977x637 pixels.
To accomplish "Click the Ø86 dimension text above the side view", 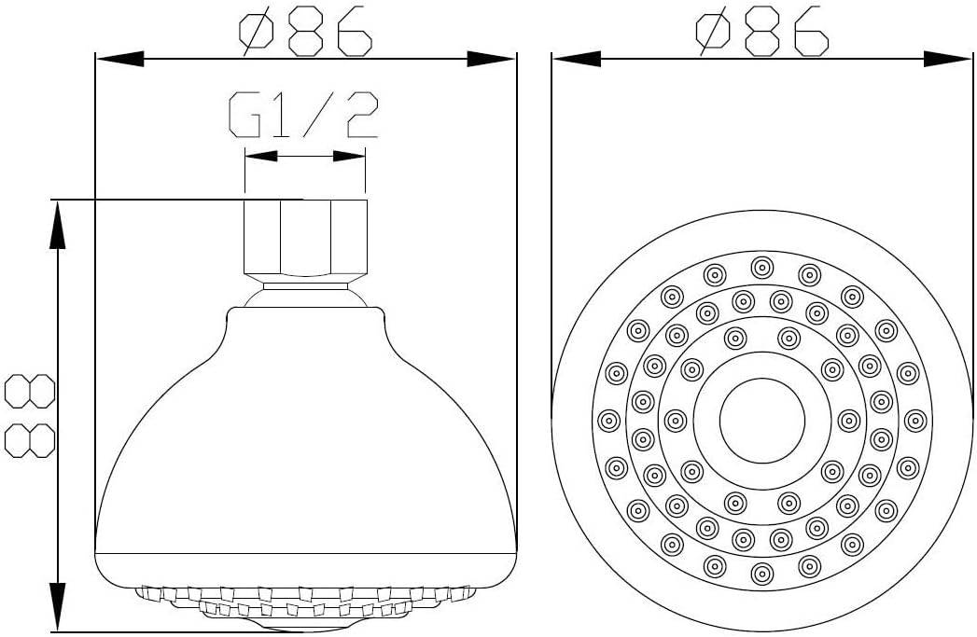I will click(x=306, y=32).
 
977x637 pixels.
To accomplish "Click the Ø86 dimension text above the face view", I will click(x=762, y=32).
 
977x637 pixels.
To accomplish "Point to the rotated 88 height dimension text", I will click(x=29, y=416).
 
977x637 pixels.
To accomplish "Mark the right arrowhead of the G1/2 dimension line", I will click(x=350, y=157).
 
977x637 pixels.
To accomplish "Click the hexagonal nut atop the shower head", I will click(x=305, y=238).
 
